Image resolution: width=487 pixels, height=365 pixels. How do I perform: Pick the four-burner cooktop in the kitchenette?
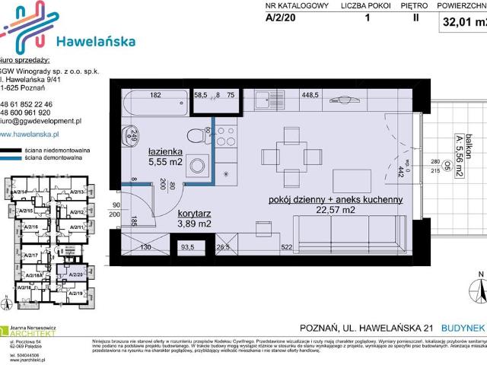(x=227, y=136)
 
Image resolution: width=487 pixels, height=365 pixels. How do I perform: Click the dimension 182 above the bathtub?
(x=155, y=96)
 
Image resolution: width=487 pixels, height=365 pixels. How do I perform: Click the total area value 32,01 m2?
(x=464, y=23)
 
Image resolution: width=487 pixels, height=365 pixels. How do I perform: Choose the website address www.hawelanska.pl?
(x=35, y=135)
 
